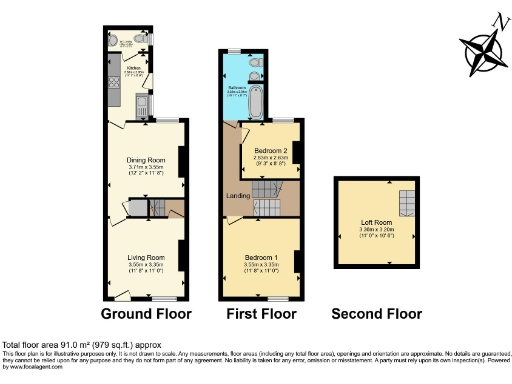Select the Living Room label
[146, 257]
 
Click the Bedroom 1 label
[262, 257]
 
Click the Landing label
[237, 195]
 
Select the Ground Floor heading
[145, 313]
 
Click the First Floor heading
[261, 313]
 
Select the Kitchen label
[132, 67]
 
